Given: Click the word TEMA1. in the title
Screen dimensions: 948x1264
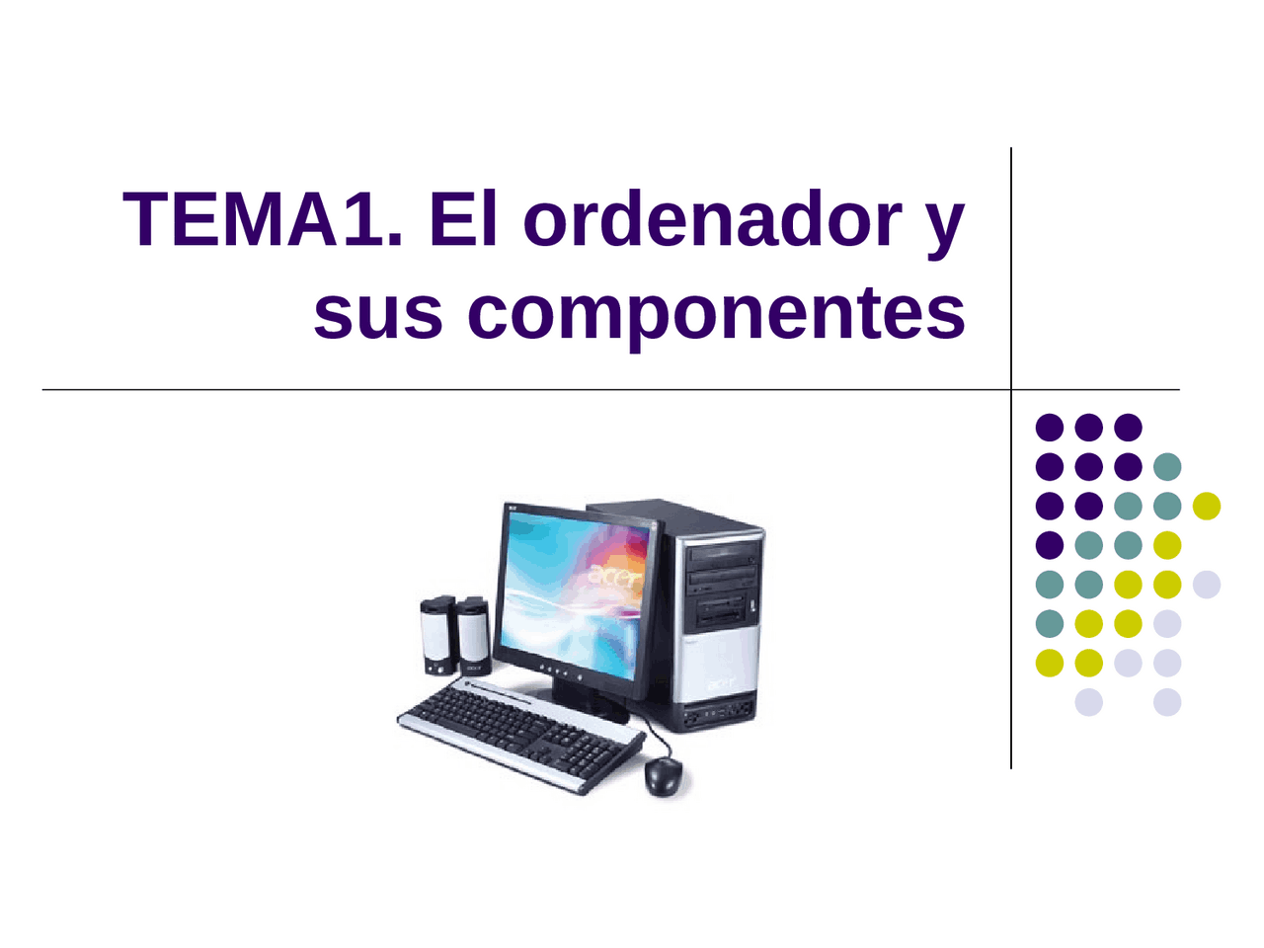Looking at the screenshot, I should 263,219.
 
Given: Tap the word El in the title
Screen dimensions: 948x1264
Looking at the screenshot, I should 463,219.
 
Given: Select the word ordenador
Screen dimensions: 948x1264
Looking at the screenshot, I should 711,219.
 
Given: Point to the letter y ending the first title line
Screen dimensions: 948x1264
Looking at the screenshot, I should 946,225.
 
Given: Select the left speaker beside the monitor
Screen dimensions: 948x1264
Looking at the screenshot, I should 437,635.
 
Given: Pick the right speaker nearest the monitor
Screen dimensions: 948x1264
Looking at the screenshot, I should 473,635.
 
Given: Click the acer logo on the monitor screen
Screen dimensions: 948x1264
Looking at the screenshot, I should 615,576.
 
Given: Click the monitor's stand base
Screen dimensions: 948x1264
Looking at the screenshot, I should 592,703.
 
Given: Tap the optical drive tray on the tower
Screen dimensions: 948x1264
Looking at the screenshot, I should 724,555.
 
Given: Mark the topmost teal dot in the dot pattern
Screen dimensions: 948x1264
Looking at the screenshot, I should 1167,466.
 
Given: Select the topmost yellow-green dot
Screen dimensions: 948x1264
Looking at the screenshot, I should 1207,506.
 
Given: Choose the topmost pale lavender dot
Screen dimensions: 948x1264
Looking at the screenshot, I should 1207,585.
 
